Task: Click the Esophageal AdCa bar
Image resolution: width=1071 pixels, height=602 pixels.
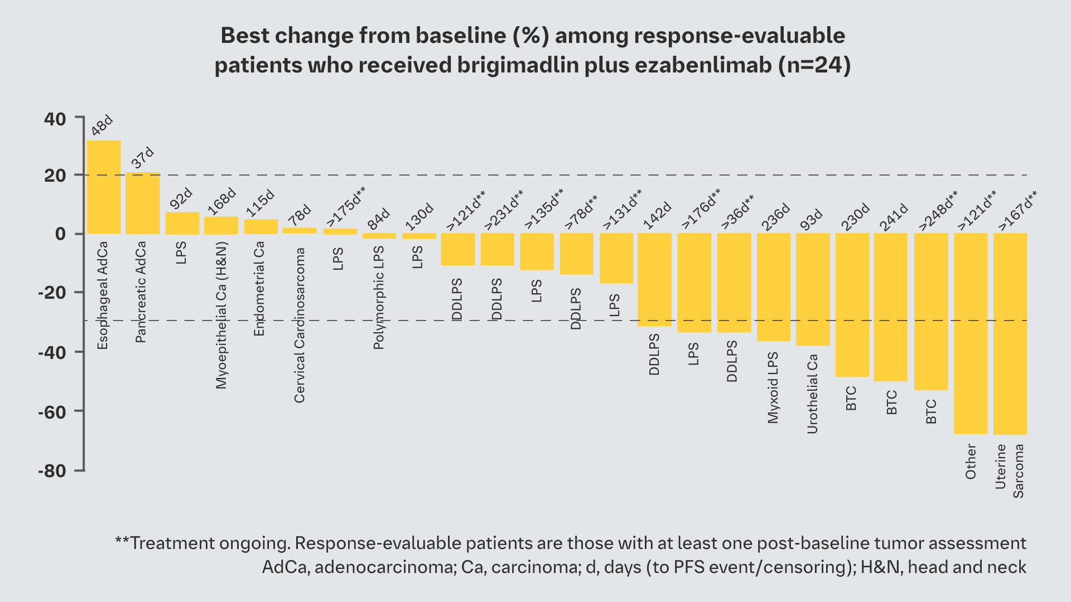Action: point(104,187)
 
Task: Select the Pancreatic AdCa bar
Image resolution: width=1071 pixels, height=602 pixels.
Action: point(143,203)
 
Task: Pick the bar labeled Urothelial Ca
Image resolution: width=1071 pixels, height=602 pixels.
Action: point(813,289)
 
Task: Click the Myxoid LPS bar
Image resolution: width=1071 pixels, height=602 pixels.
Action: point(774,287)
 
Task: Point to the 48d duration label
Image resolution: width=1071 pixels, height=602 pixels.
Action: point(102,125)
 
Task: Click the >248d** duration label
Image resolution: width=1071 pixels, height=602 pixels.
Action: point(938,210)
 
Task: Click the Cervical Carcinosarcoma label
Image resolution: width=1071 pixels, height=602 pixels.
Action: point(300,326)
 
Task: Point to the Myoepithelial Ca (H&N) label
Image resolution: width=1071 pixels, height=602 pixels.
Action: point(221,315)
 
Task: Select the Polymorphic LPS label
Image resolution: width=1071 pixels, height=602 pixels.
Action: point(379,298)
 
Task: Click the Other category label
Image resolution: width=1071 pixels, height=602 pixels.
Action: point(971,462)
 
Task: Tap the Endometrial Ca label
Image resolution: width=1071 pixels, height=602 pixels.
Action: point(259,289)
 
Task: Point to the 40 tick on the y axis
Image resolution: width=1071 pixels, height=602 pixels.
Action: point(55,119)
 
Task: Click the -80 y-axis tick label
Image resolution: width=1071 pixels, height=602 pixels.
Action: point(52,471)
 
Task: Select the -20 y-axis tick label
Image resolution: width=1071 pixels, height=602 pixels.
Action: point(52,293)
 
